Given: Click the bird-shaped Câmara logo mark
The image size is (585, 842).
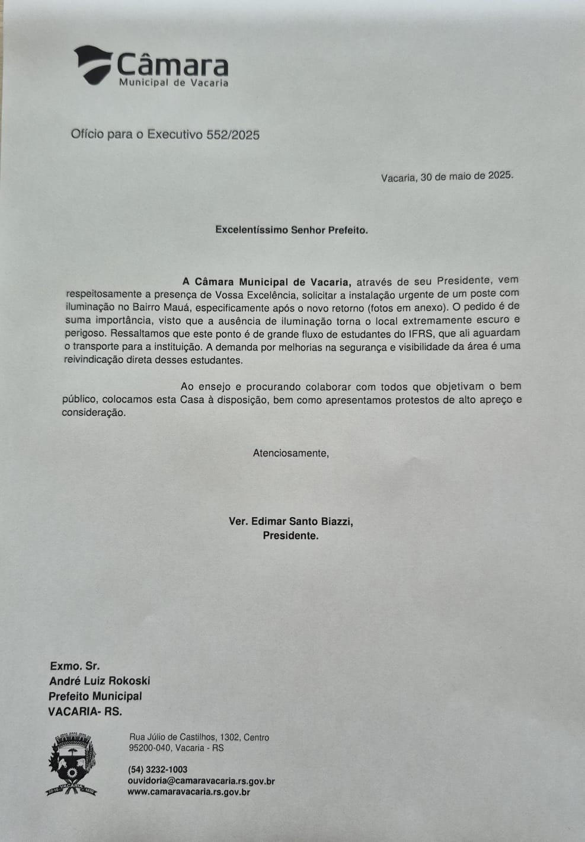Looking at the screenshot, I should click(x=92, y=63).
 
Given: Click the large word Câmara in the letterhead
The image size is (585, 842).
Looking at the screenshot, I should click(x=172, y=65).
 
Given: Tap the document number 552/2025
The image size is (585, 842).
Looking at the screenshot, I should click(x=233, y=135).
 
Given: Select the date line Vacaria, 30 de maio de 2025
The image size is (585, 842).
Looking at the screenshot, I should click(x=447, y=176).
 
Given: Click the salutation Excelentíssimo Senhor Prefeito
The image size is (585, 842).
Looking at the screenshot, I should click(x=291, y=229).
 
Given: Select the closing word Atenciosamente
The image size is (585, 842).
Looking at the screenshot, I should click(x=290, y=453).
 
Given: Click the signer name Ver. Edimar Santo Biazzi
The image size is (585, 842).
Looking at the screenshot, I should click(x=290, y=522).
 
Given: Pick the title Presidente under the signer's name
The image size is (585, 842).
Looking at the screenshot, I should click(x=290, y=535).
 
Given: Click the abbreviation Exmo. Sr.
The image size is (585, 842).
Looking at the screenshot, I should click(x=75, y=666).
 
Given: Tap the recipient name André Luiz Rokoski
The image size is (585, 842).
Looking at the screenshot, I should click(x=100, y=681).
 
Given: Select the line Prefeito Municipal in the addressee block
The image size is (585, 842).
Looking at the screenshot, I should click(x=95, y=696).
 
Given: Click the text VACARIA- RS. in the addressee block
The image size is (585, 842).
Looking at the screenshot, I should click(x=85, y=712).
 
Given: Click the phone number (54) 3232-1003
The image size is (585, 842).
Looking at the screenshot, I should click(x=158, y=770).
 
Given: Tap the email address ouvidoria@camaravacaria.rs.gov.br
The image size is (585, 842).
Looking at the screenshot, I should click(x=201, y=781).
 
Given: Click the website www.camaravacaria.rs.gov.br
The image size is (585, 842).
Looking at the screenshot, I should click(x=188, y=792).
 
